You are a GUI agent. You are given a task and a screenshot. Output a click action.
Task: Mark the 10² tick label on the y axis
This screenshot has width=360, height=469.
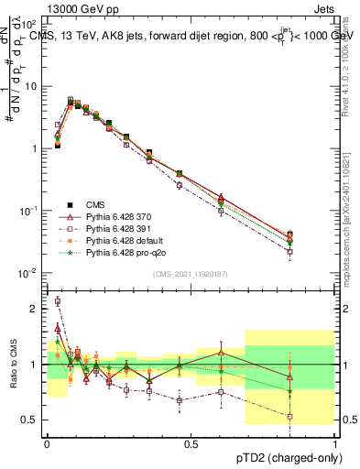(29, 24)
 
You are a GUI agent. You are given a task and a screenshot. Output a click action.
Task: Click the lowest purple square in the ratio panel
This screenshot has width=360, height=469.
(315, 417)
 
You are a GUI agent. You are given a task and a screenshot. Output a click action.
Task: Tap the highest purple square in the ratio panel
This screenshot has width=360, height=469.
(58, 300)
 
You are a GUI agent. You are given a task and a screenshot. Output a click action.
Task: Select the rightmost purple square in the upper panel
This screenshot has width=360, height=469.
(315, 252)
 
